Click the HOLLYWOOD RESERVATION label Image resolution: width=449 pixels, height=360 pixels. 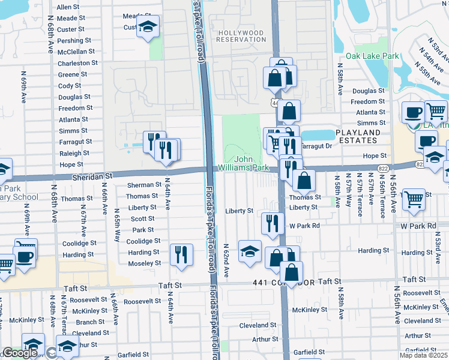pyautogui.click(x=242, y=36)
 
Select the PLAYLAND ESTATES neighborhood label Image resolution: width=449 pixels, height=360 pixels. pyautogui.click(x=358, y=136)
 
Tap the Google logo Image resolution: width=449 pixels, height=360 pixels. pyautogui.click(x=20, y=353)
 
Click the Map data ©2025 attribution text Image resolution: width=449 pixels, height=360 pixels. pyautogui.click(x=424, y=355)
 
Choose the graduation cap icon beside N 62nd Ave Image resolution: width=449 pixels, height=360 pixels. pyautogui.click(x=250, y=251)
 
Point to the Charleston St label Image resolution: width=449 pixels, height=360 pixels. pyautogui.click(x=77, y=63)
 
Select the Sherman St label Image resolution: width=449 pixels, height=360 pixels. pyautogui.click(x=144, y=185)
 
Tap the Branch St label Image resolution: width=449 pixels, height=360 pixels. pyautogui.click(x=91, y=322)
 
